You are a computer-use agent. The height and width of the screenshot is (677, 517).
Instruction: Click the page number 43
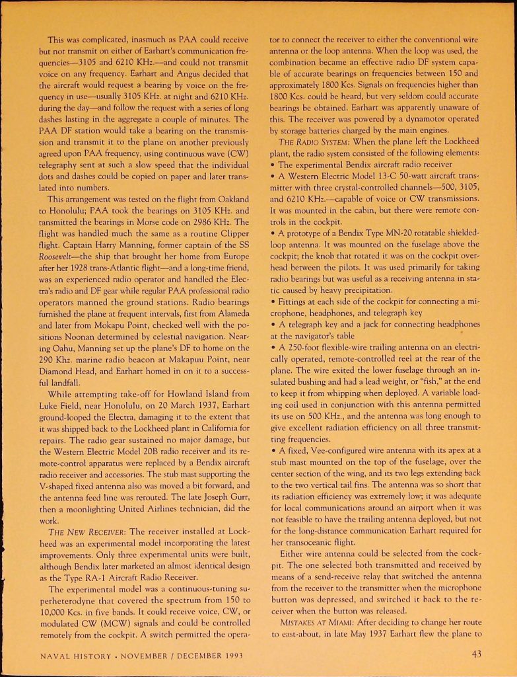[476, 655]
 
